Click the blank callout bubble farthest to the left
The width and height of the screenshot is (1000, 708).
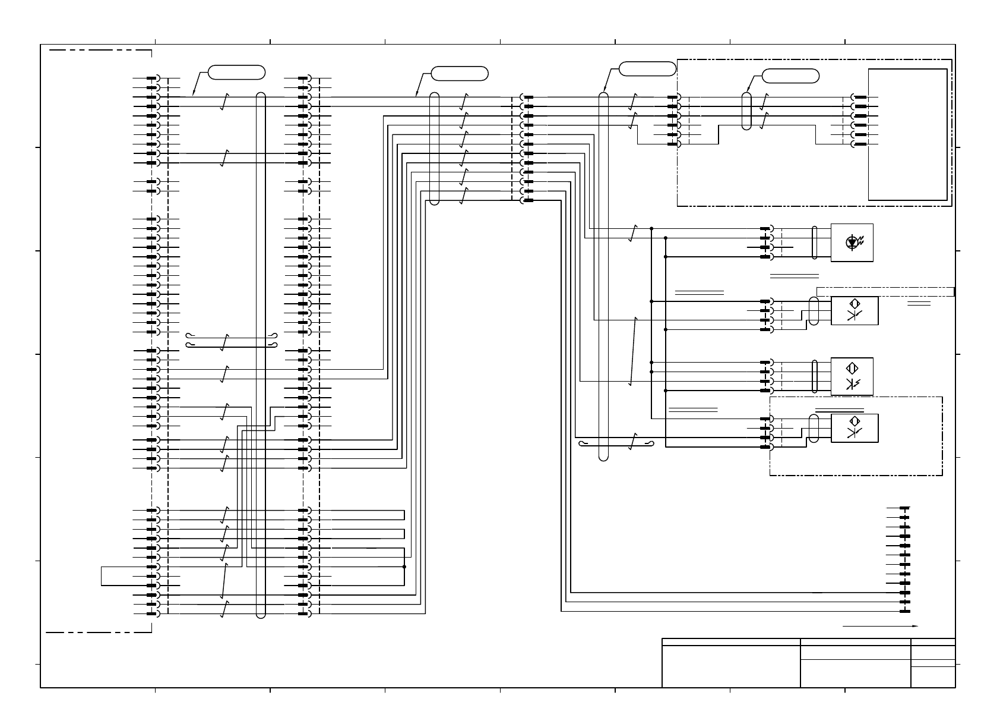236,73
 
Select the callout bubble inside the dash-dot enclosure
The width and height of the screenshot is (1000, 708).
790,75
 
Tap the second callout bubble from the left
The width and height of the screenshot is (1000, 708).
460,74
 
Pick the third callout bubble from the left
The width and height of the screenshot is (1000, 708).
647,68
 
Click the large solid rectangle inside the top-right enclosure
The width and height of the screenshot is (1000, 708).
907,134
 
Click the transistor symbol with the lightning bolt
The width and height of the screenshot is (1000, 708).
852,383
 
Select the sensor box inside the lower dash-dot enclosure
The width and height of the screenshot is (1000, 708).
854,428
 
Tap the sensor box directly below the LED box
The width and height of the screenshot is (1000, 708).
854,310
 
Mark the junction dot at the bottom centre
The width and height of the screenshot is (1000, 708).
404,567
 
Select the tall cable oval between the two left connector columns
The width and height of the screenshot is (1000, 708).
261,355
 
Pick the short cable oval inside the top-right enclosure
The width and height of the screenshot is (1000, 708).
747,111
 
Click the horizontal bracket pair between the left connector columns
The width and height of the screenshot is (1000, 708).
231,340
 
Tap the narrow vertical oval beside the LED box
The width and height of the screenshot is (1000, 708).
815,243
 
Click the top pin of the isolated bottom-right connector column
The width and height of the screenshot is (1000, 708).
904,508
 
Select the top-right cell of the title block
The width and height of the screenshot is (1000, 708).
933,642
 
